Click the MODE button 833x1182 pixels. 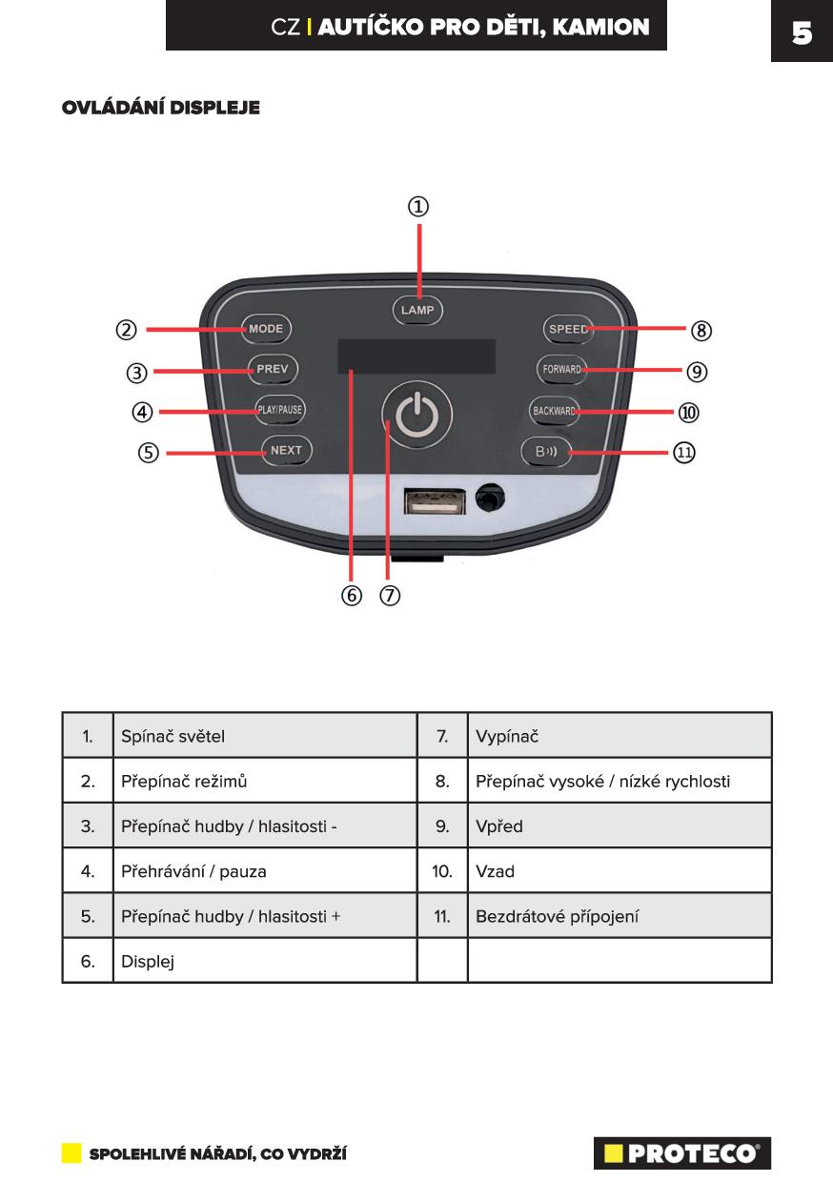[x=266, y=329]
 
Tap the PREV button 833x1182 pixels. [x=273, y=369]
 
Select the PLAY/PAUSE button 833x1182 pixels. [x=279, y=410]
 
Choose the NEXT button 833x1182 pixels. [x=287, y=450]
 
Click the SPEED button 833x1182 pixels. [x=568, y=329]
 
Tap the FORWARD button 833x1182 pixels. [x=561, y=369]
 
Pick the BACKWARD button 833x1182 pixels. [x=554, y=411]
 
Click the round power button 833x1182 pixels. [x=416, y=415]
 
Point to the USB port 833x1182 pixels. [x=435, y=501]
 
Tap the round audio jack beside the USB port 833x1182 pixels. [x=490, y=498]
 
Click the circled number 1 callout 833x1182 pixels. [x=418, y=206]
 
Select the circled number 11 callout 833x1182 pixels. [x=683, y=452]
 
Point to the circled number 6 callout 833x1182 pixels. [x=352, y=595]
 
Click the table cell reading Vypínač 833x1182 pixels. [x=620, y=736]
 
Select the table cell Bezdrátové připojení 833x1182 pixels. [x=620, y=916]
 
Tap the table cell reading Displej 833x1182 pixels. [x=265, y=961]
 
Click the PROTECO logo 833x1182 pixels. [x=682, y=1153]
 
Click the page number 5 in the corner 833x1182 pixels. [x=802, y=32]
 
